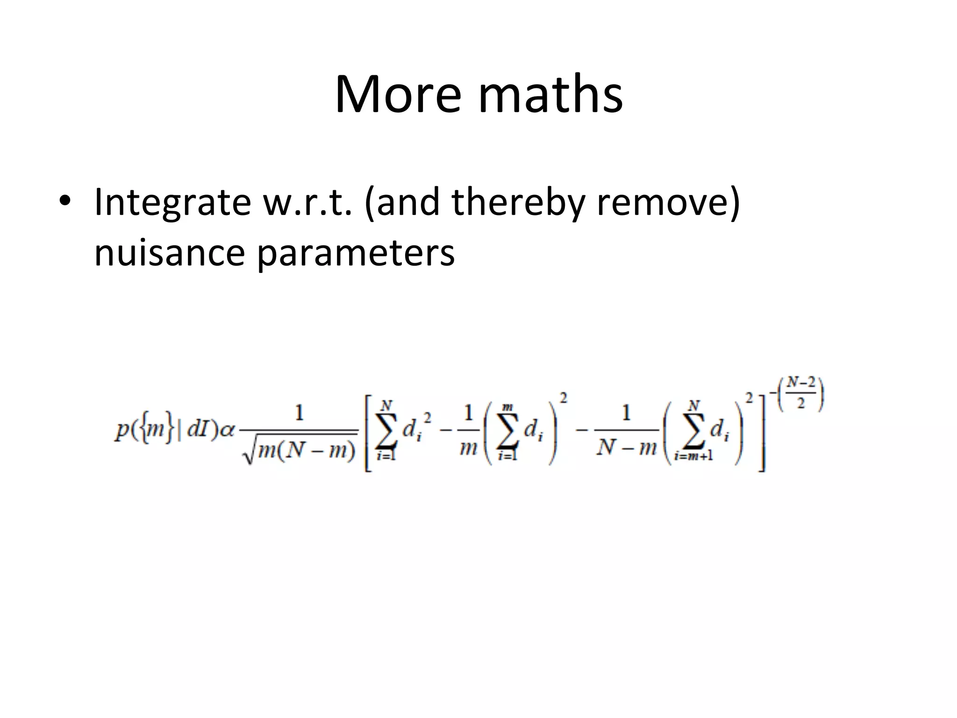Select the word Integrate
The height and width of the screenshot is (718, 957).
point(172,203)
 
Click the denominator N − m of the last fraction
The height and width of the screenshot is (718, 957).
point(626,448)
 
